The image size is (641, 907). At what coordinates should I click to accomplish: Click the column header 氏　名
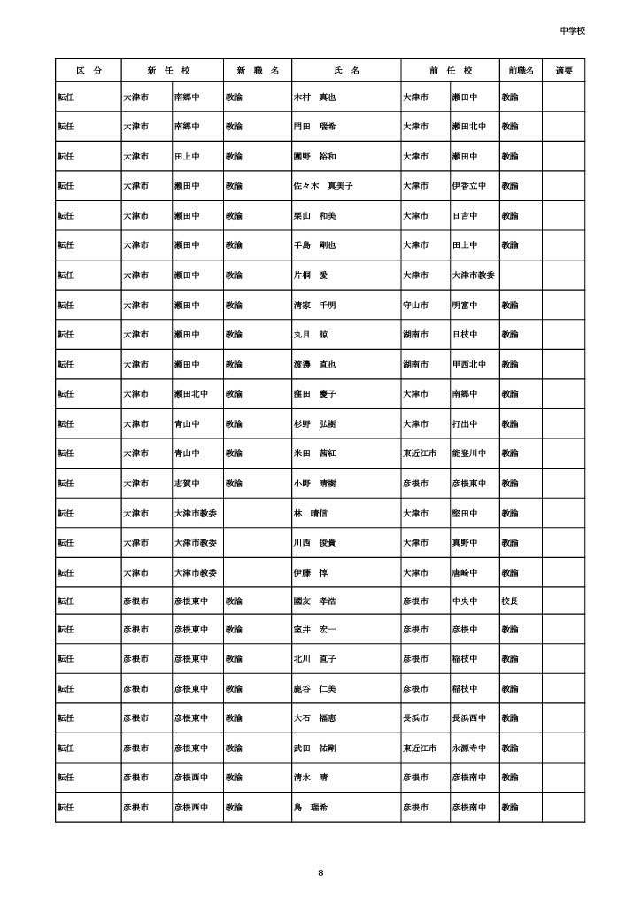[346, 70]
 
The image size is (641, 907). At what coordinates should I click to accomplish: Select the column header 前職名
[521, 70]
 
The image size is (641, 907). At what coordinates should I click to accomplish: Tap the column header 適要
[564, 70]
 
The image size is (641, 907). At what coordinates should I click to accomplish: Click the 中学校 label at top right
[573, 30]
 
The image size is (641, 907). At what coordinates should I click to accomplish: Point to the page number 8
[320, 873]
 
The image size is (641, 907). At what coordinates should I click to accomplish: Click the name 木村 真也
[315, 97]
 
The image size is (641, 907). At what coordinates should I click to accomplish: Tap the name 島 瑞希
[311, 808]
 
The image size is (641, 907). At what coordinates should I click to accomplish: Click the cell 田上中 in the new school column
[186, 156]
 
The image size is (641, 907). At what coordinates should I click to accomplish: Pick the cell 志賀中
[186, 483]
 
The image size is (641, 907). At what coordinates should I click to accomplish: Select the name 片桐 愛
[311, 275]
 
